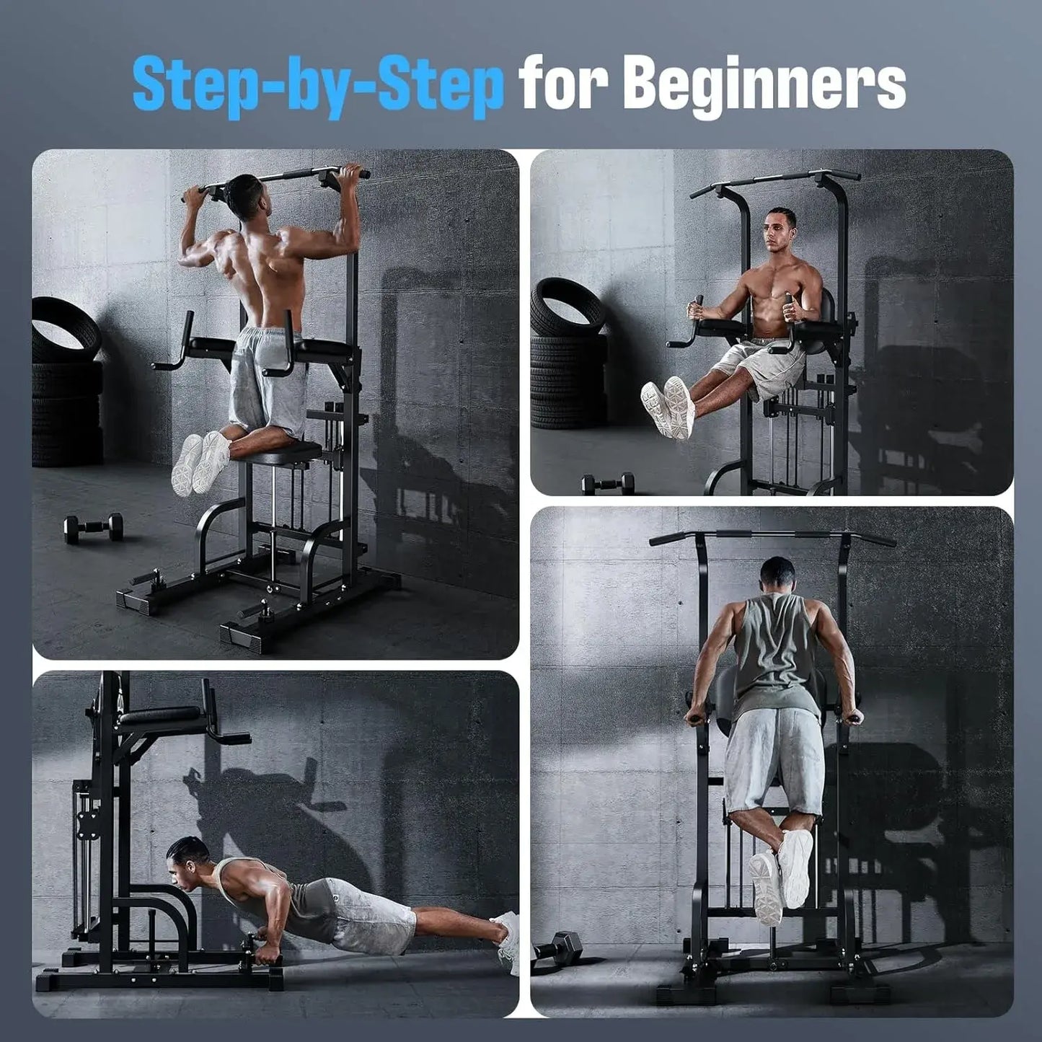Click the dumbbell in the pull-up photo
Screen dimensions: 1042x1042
tap(94, 526)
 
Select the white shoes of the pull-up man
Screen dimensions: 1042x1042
tap(200, 462)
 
